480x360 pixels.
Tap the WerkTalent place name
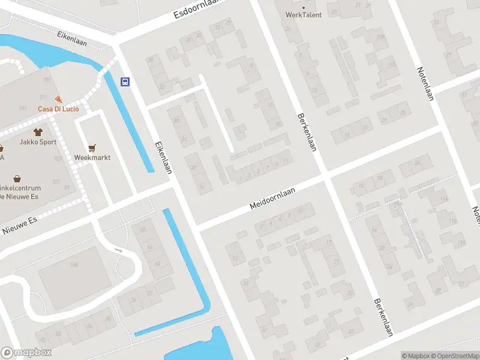pyautogui.click(x=303, y=15)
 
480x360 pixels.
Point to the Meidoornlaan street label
pyautogui.click(x=274, y=198)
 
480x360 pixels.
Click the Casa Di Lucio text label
pyautogui.click(x=58, y=109)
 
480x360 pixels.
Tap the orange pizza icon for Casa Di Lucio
pyautogui.click(x=58, y=99)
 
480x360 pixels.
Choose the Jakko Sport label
pyautogui.click(x=37, y=143)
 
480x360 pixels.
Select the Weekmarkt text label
pyautogui.click(x=92, y=157)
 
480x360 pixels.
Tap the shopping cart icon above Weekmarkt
pyautogui.click(x=92, y=147)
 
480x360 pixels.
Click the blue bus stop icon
pyautogui.click(x=125, y=82)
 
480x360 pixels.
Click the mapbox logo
pyautogui.click(x=26, y=353)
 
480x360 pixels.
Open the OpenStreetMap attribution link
pyautogui.click(x=452, y=356)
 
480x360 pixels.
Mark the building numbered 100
pyautogui.click(x=74, y=265)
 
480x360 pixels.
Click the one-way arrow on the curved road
pyautogui.click(x=118, y=251)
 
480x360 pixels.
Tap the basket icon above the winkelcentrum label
pyautogui.click(x=17, y=179)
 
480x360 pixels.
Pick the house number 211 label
pyautogui.click(x=43, y=97)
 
